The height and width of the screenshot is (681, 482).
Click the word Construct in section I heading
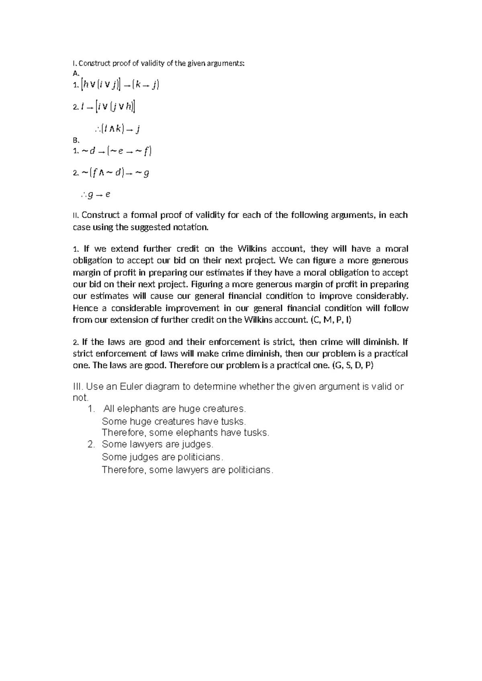click(94, 63)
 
